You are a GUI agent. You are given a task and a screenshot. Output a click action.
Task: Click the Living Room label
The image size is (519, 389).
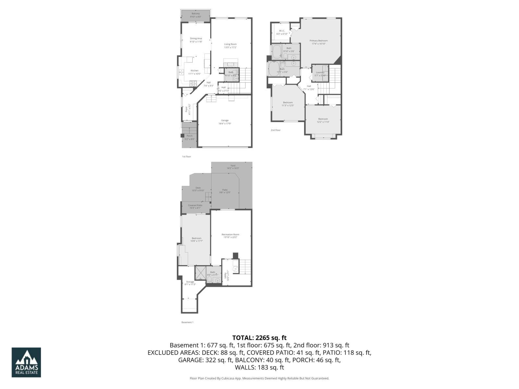tap(230, 44)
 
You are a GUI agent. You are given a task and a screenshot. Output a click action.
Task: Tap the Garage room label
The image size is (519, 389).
tap(225, 121)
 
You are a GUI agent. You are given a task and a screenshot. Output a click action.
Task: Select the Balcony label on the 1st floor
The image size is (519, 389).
tap(196, 14)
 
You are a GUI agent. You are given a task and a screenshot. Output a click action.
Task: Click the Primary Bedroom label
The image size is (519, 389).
tap(319, 41)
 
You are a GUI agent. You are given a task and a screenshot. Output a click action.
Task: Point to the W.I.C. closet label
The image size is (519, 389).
tap(282, 31)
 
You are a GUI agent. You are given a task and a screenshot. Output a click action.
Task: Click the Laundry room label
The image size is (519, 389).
tap(320, 73)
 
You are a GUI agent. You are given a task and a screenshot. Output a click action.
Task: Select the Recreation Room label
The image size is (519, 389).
tap(230, 234)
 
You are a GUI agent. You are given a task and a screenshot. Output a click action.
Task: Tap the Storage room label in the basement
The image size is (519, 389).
tap(190, 282)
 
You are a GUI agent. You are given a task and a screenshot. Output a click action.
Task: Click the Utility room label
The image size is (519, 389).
tap(225, 275)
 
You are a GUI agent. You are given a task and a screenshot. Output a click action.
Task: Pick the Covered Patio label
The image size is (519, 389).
tap(195, 205)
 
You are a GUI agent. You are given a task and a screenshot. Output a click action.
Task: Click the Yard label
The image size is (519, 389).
tap(233, 166)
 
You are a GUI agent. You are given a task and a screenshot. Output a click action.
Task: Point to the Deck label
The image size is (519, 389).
tap(198, 188)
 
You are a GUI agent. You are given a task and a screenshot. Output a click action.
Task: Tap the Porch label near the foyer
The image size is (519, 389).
tap(189, 136)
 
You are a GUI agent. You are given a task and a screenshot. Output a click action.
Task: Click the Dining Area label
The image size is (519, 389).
tap(196, 39)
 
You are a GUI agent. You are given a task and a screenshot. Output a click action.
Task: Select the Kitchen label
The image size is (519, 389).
tap(194, 71)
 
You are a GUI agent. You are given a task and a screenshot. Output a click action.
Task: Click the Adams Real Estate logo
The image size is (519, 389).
tap(26, 362)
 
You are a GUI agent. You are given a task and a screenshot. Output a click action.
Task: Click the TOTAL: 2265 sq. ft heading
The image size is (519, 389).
tap(259, 338)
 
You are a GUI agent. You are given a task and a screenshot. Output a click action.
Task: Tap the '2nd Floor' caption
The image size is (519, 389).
tap(275, 130)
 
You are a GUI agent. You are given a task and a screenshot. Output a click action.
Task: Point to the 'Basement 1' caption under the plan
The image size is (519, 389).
tap(187, 322)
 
